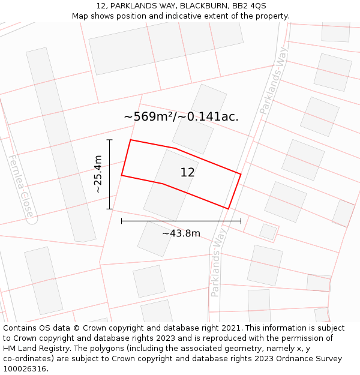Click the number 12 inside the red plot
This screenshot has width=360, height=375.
[187, 172]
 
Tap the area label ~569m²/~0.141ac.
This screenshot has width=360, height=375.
[181, 116]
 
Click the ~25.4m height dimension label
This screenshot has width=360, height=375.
[98, 174]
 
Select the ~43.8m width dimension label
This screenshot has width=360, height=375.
[181, 233]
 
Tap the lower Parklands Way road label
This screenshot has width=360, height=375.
[218, 262]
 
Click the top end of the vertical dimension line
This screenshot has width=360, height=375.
[110, 140]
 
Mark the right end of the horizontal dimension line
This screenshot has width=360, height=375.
[241, 221]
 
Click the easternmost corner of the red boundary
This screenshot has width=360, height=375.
[241, 174]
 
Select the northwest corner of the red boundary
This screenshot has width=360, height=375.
[131, 140]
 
